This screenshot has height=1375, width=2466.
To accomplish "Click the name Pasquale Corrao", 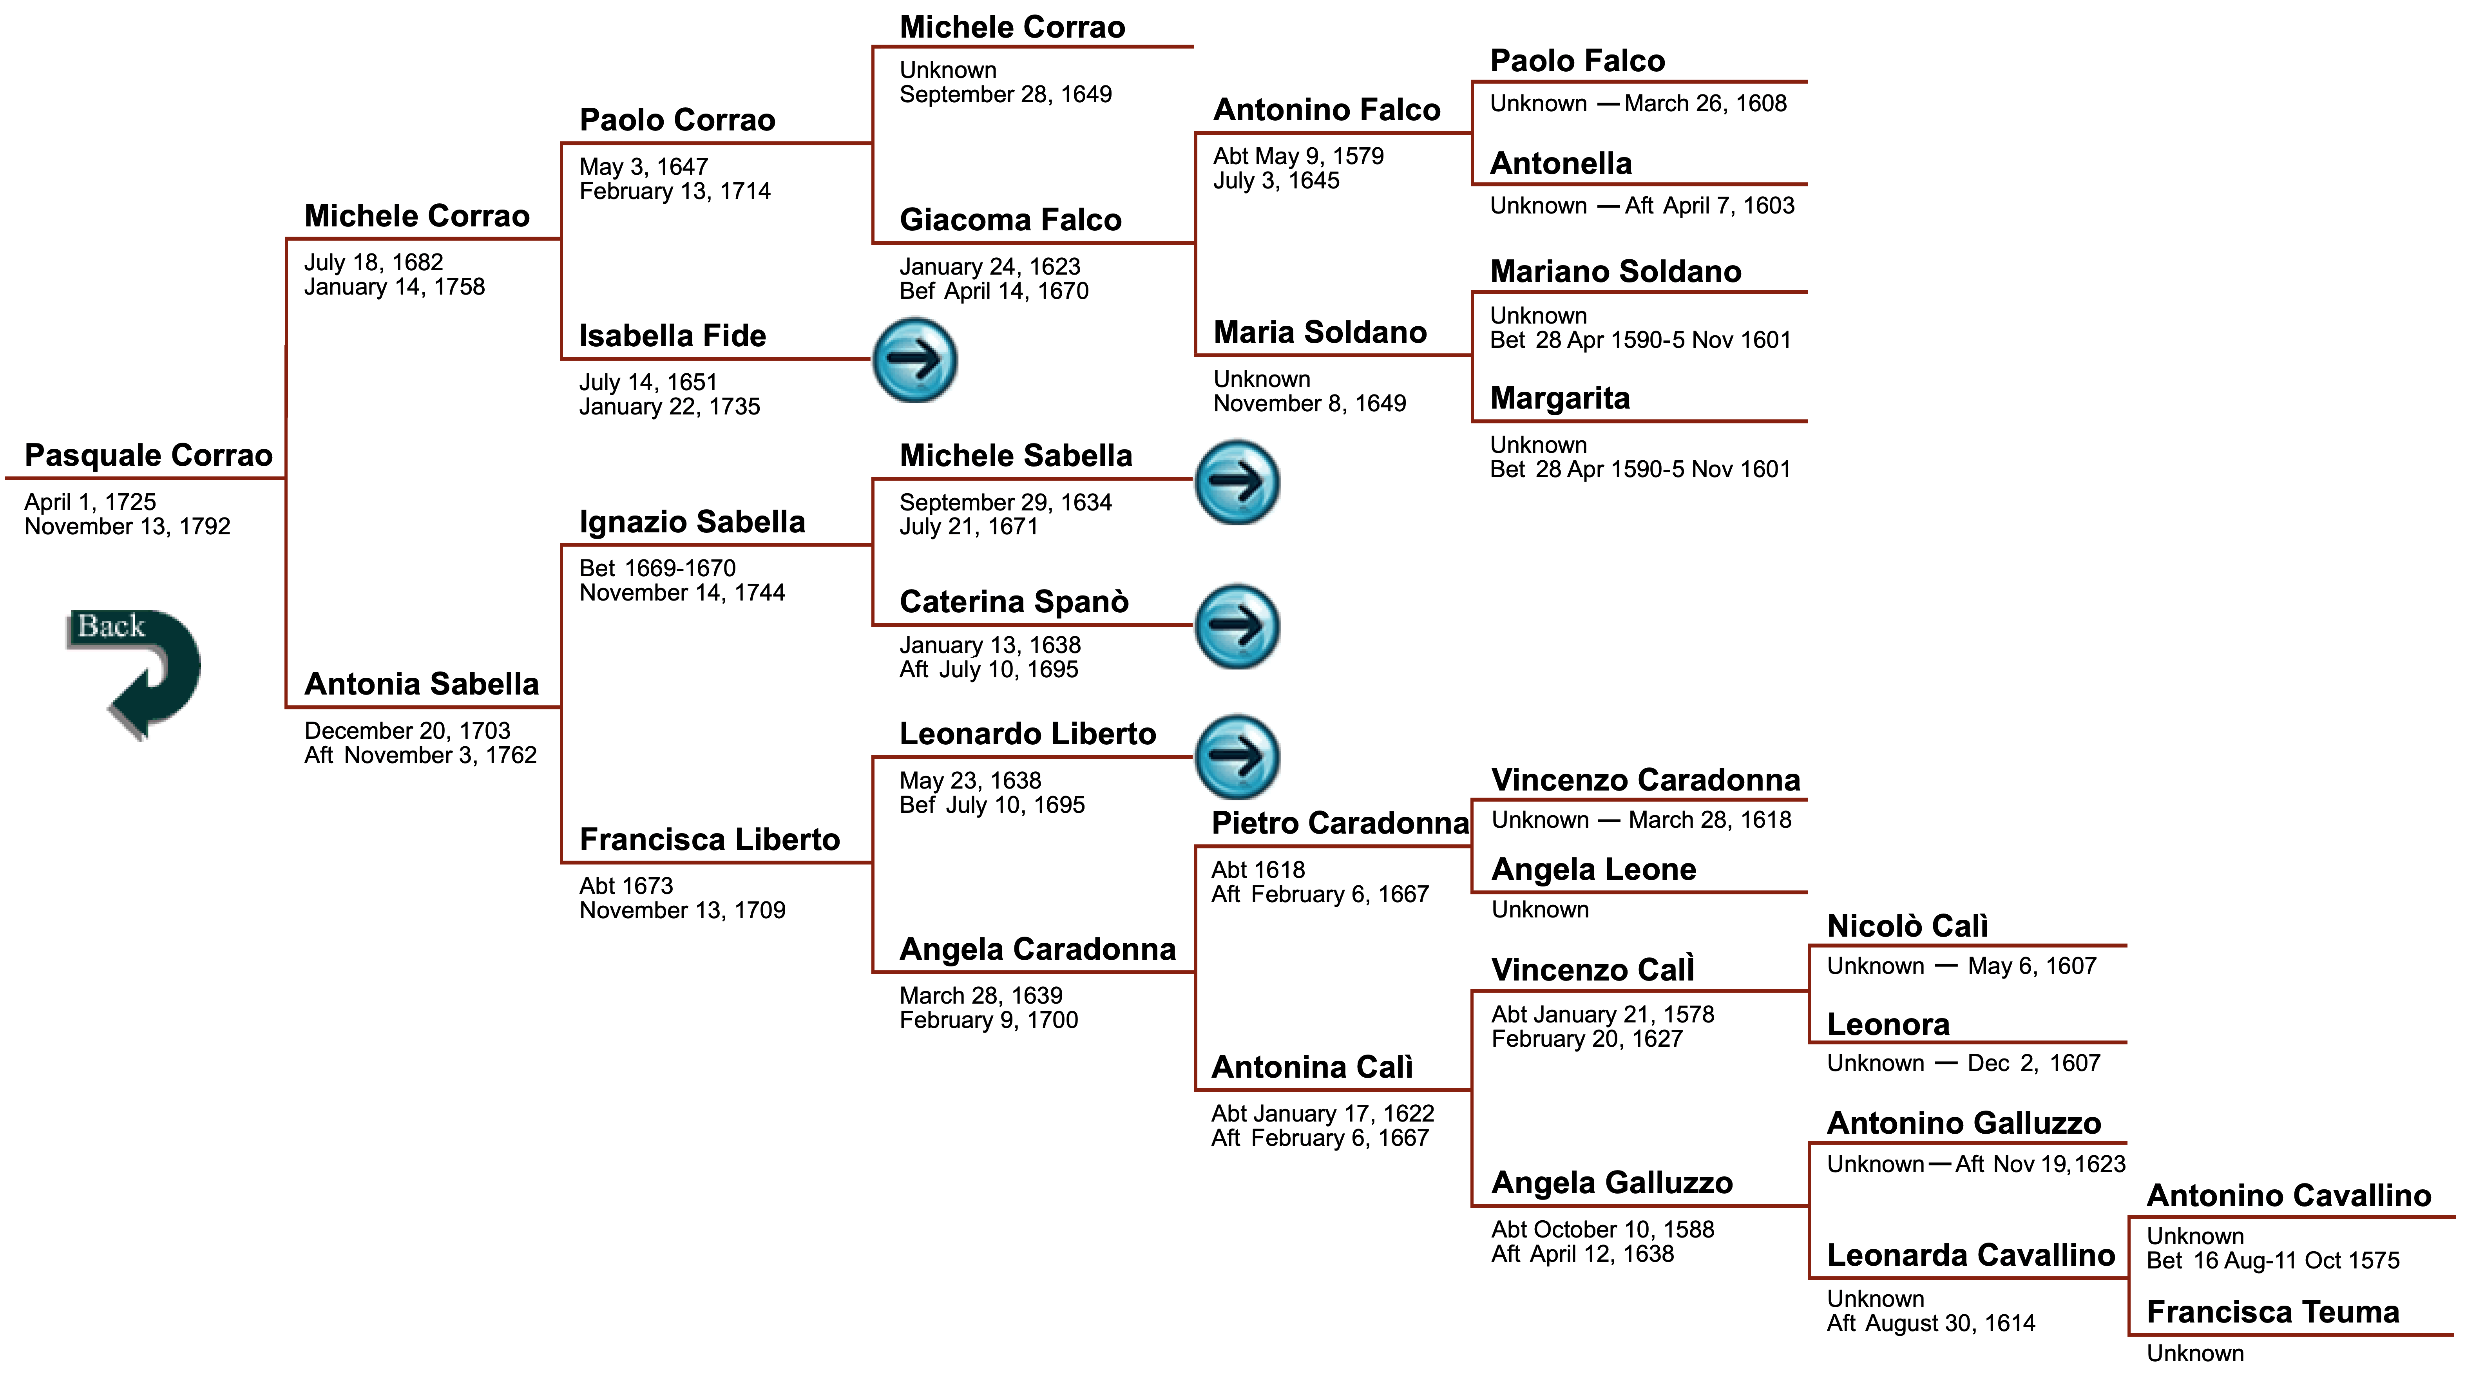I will (x=148, y=456).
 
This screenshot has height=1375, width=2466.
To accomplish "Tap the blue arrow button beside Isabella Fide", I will (x=914, y=360).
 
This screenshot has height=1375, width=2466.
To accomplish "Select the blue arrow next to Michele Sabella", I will (x=1237, y=482).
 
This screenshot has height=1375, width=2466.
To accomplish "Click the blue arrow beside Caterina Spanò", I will (x=1237, y=626).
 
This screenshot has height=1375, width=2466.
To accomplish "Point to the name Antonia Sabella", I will (x=421, y=684).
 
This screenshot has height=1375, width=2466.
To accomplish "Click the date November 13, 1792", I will (x=127, y=526).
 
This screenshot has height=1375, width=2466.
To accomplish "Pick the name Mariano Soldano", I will (x=1616, y=272).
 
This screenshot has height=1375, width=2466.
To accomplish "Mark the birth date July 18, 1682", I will (x=373, y=262).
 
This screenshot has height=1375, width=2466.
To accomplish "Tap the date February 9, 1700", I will (x=988, y=1020).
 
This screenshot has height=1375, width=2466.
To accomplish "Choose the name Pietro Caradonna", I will (x=1338, y=823).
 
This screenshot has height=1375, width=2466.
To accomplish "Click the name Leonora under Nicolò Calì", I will (x=1888, y=1025).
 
